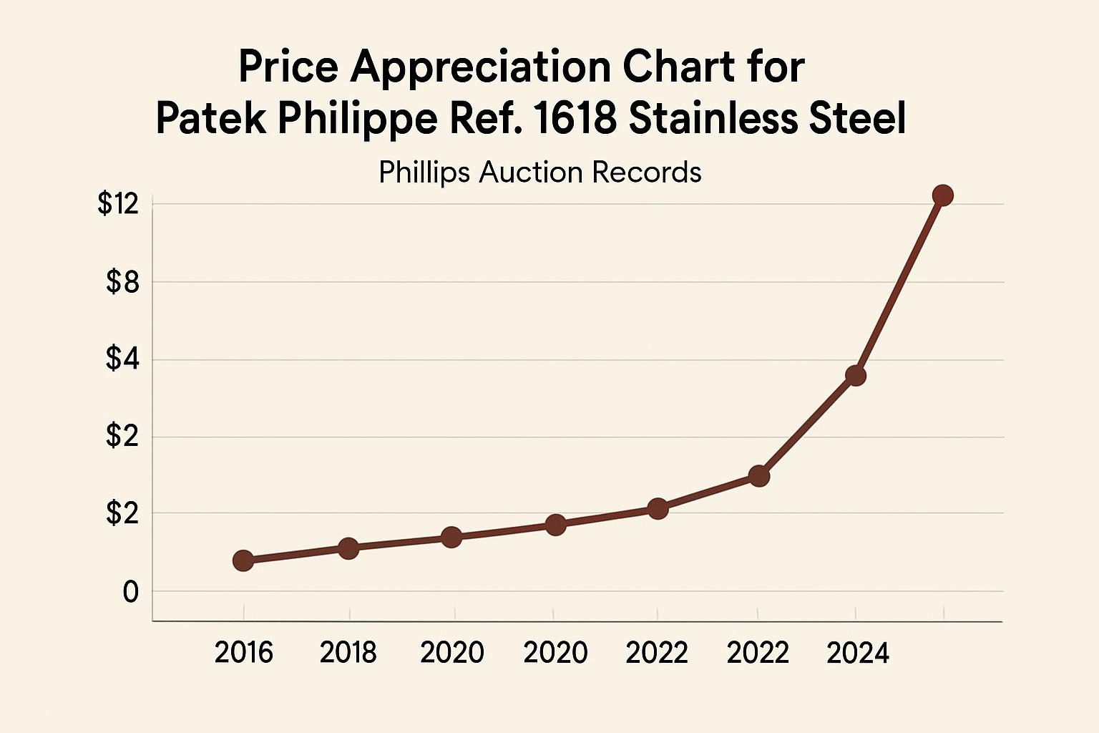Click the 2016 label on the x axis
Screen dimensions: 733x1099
[x=243, y=653]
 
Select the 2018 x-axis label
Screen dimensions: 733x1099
[x=348, y=653]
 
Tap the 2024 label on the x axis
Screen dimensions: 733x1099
[x=857, y=653]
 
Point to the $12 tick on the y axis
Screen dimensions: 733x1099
[x=117, y=205]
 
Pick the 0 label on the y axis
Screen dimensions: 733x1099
[x=130, y=592]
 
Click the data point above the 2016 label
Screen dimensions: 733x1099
[x=243, y=560]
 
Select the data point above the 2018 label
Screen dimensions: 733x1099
[x=348, y=548]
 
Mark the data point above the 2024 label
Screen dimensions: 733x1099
[x=856, y=376]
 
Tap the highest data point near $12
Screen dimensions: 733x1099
[x=942, y=195]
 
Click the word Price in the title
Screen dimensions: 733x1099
[x=288, y=67]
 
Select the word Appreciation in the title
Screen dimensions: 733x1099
[x=479, y=67]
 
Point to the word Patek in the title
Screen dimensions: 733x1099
[x=211, y=119]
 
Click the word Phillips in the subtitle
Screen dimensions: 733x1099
[x=424, y=173]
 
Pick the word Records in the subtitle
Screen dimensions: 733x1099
[x=647, y=173]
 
